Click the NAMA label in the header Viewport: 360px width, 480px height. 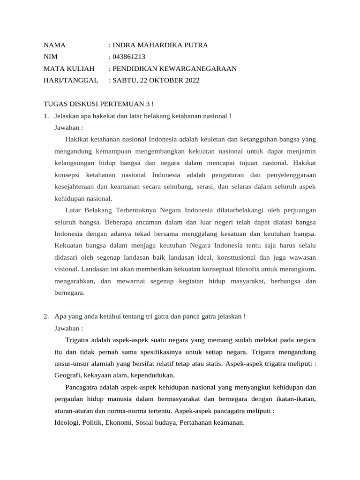coord(54,45)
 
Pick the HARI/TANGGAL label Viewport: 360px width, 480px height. coord(71,81)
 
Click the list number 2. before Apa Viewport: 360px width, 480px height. coord(46,316)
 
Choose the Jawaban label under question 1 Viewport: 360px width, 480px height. coord(68,127)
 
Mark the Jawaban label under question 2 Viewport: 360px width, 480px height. coord(68,328)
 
